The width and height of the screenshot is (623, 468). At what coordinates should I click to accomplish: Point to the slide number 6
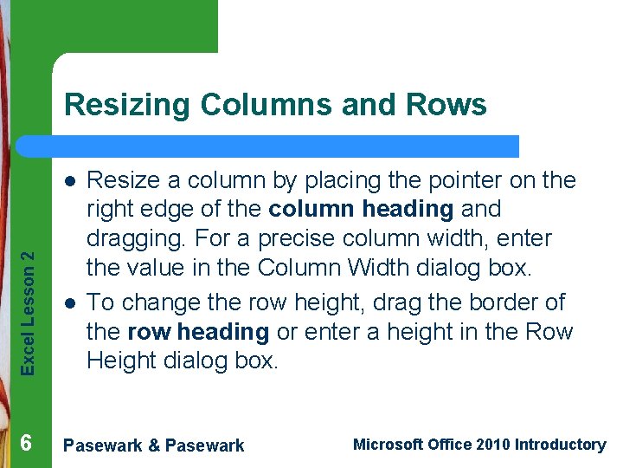point(26,443)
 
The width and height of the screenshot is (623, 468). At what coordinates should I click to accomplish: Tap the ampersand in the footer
point(154,445)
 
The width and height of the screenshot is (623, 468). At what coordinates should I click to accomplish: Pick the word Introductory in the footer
point(560,445)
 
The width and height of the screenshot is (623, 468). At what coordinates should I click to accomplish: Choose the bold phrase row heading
point(197,331)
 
